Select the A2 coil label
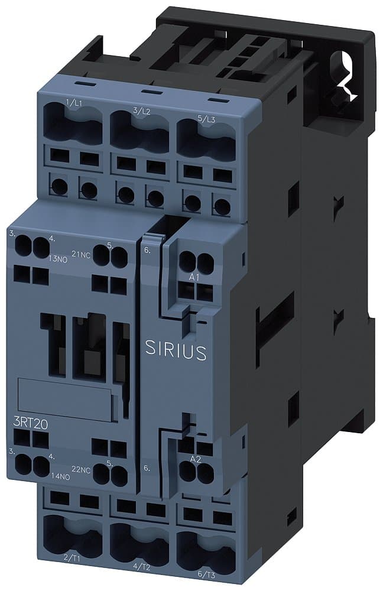(x=194, y=459)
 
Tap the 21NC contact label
(x=80, y=254)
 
